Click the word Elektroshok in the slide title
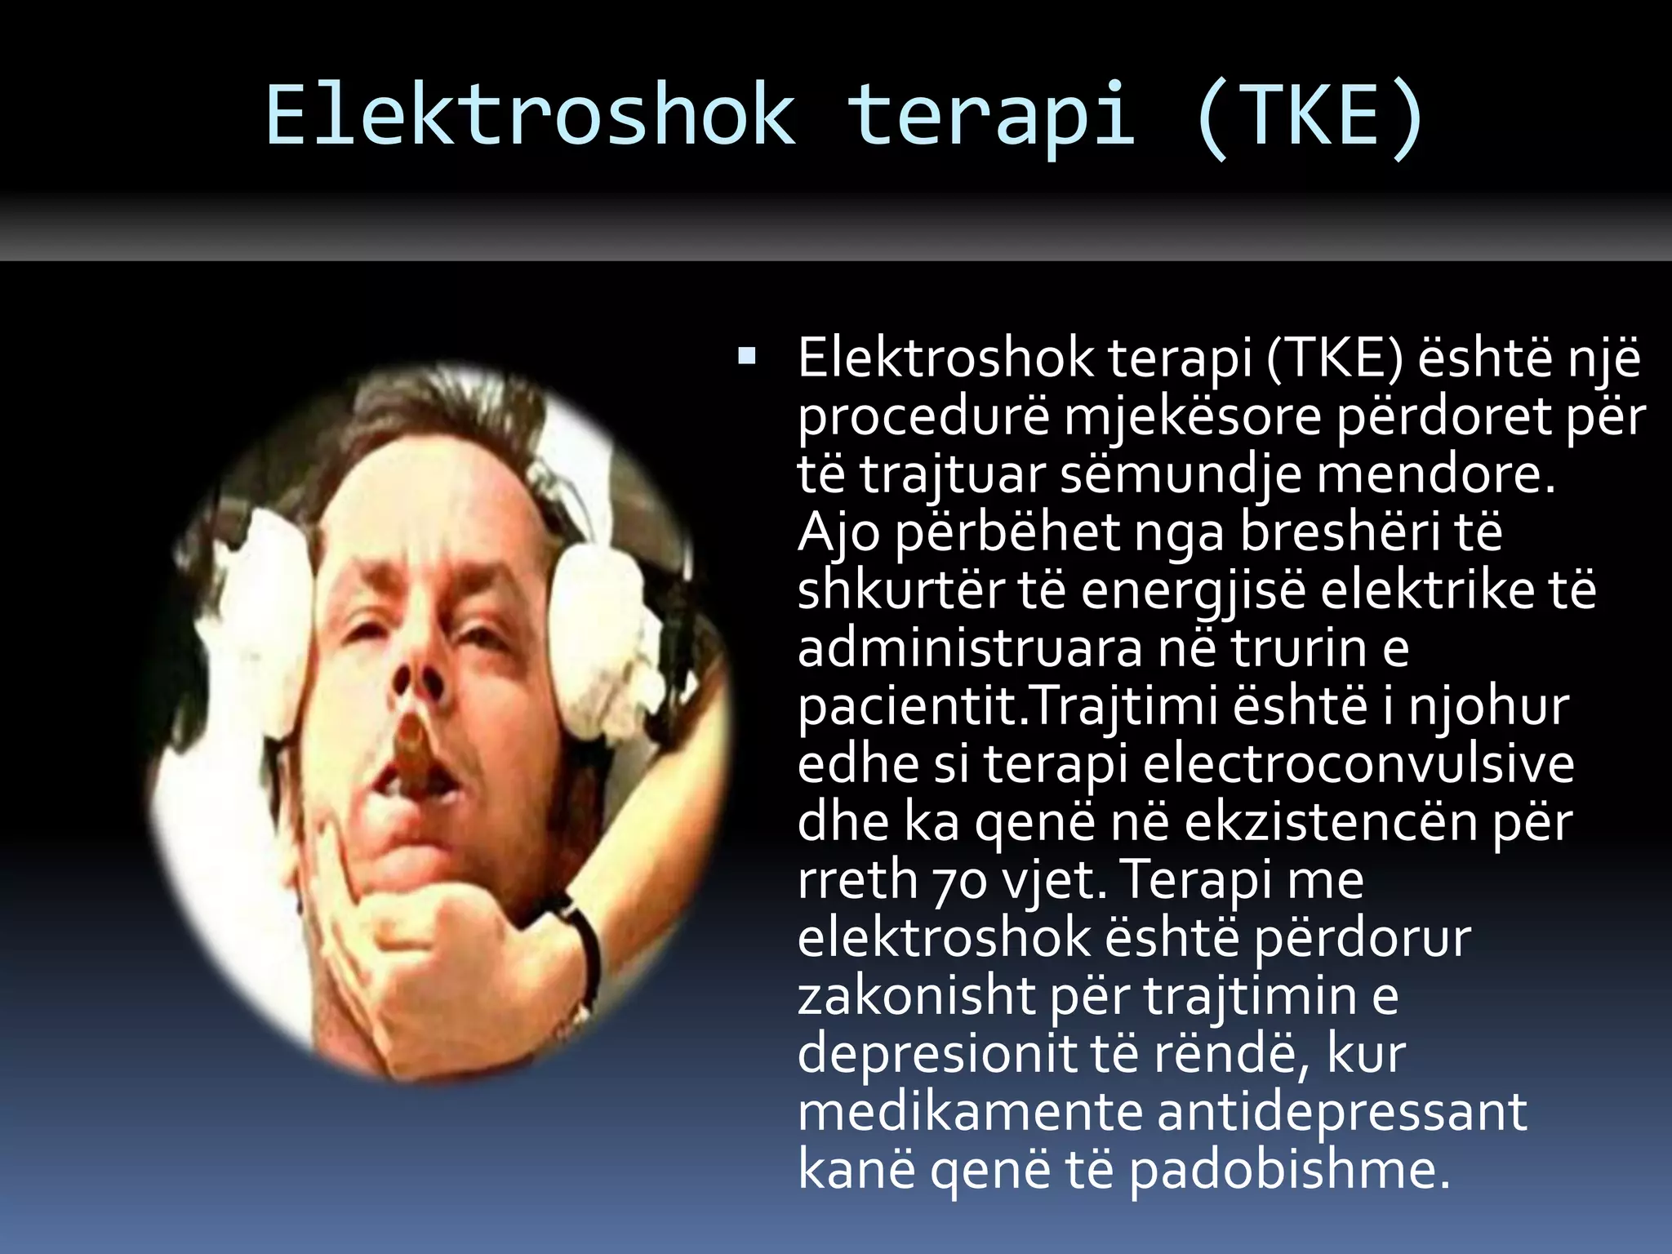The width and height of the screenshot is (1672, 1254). coord(531,116)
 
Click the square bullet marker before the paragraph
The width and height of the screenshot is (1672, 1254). coord(746,356)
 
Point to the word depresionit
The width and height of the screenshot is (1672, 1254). coord(936,1053)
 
